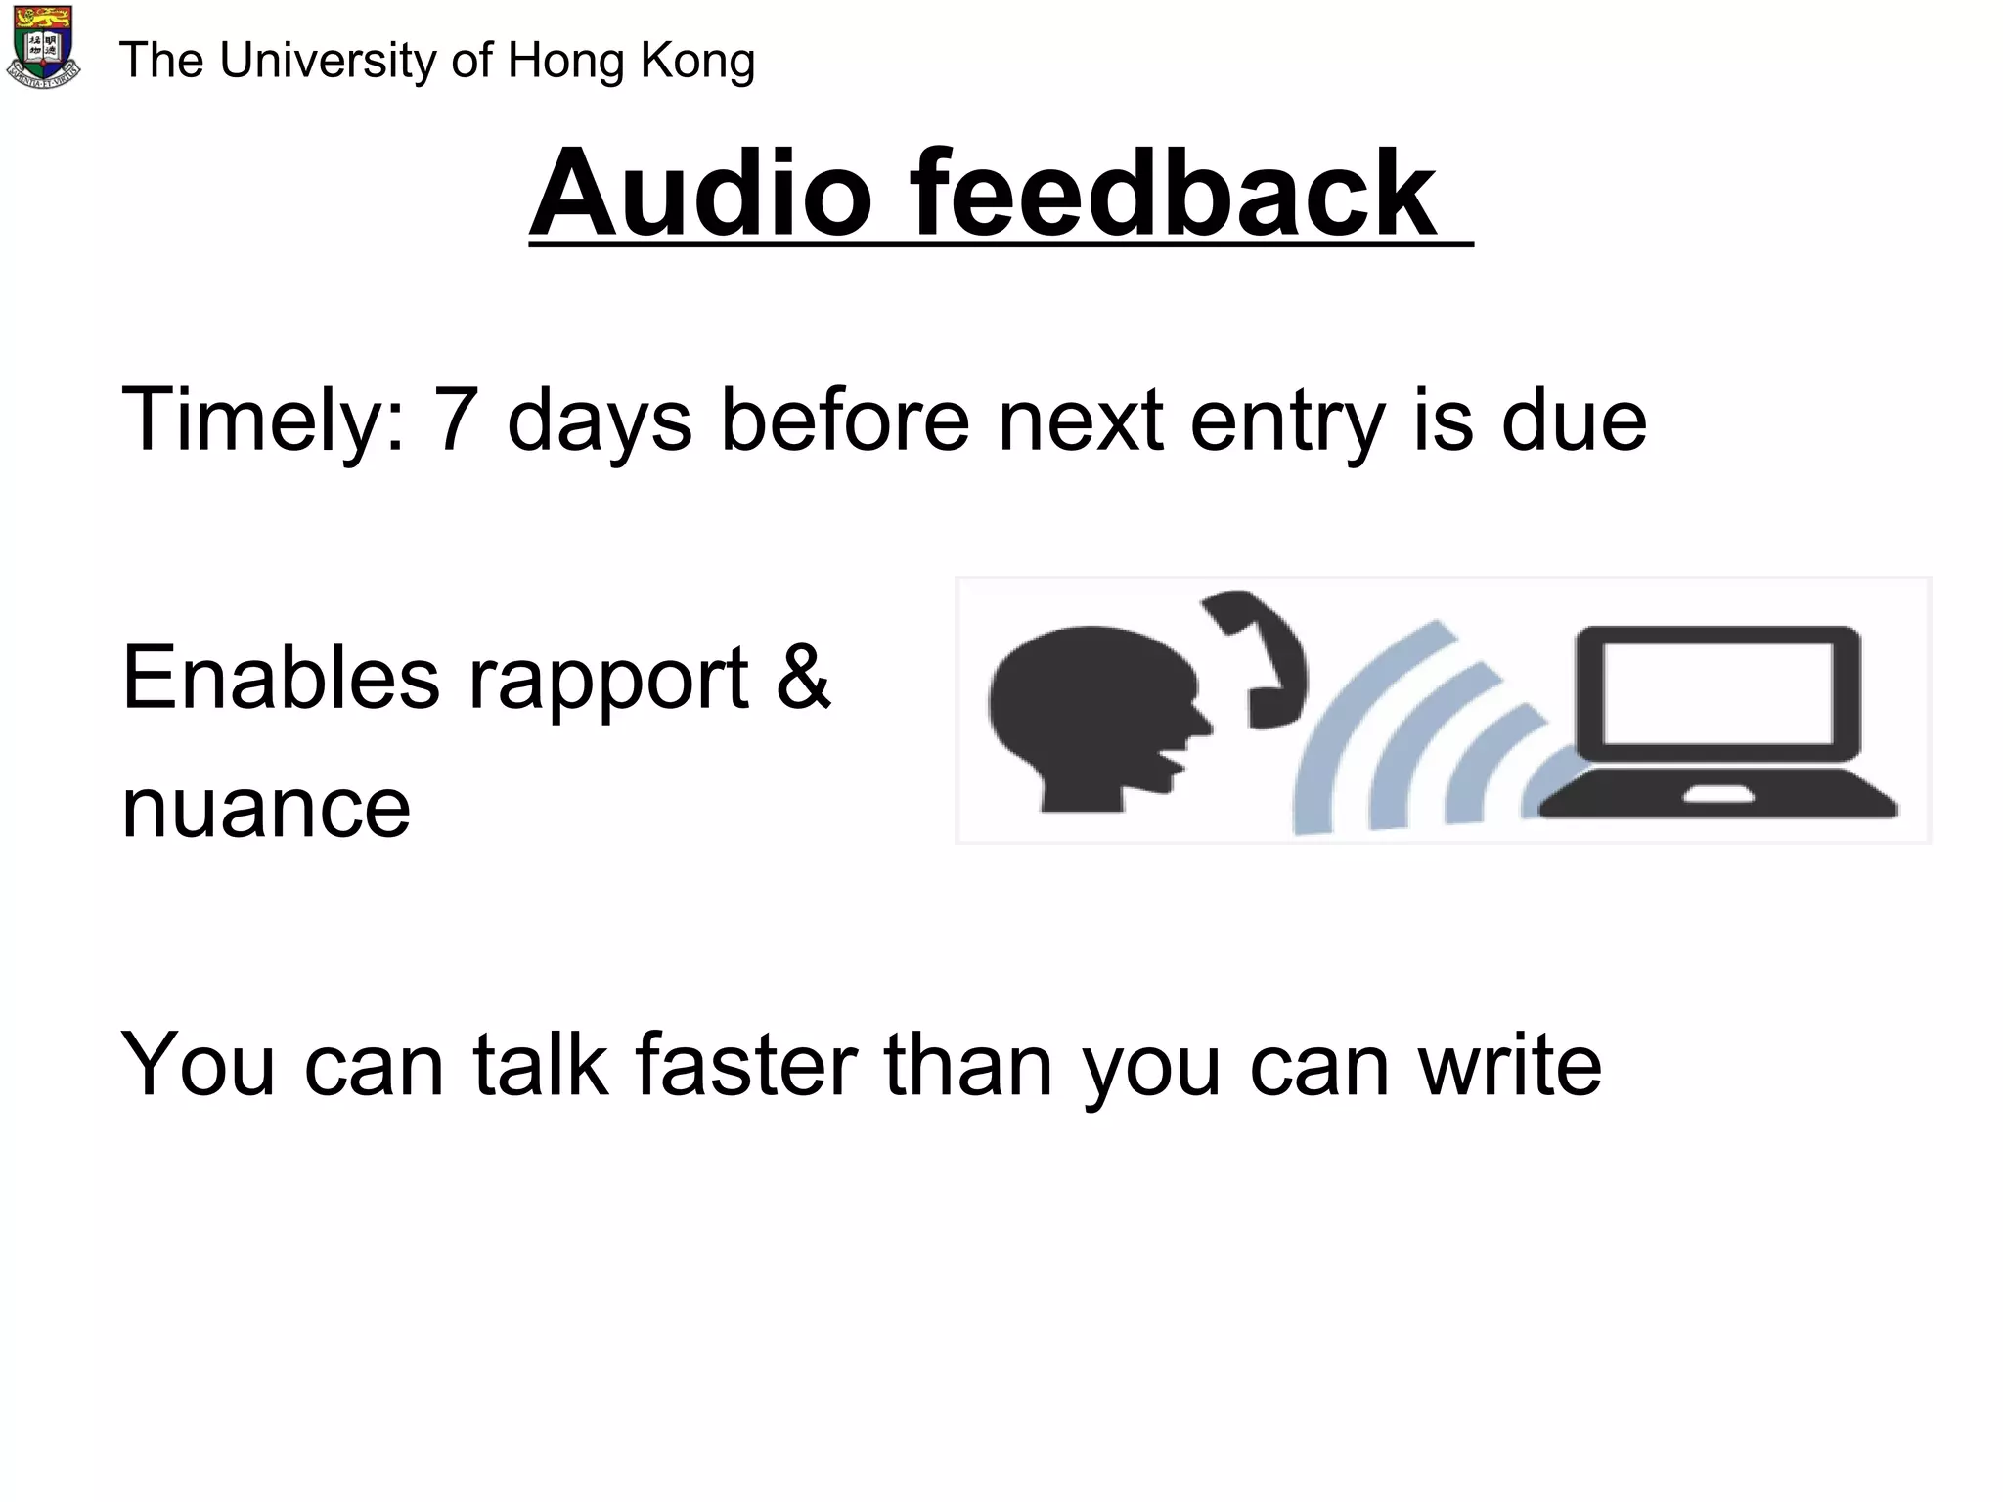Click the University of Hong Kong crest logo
[x=44, y=47]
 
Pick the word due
[x=1574, y=420]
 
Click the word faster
[x=746, y=1065]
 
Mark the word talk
[x=541, y=1065]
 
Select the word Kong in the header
[x=697, y=62]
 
